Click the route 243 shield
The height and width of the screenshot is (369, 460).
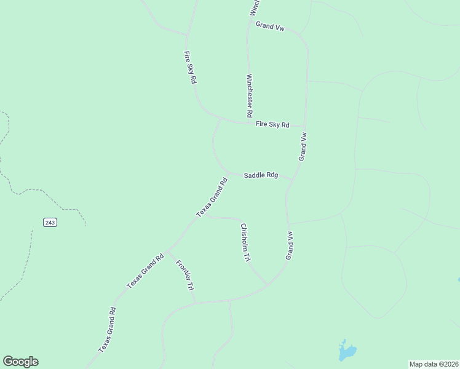(x=50, y=222)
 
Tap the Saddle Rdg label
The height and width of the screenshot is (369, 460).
(x=261, y=175)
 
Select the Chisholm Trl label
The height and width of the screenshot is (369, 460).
(x=245, y=242)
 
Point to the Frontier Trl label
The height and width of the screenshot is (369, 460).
(x=184, y=275)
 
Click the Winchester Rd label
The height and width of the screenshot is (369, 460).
(x=250, y=96)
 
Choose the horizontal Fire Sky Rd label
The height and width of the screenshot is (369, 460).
(x=272, y=124)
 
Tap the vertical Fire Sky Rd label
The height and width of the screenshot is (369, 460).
(x=190, y=68)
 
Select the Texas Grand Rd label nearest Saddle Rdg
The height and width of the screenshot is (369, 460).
(x=212, y=197)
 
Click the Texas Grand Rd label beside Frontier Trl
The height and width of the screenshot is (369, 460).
(x=145, y=271)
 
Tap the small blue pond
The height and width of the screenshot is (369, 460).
(x=346, y=351)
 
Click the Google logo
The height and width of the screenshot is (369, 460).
(x=20, y=362)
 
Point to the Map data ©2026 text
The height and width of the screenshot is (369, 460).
(x=434, y=363)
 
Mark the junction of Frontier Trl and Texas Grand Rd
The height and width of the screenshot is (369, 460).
(x=167, y=251)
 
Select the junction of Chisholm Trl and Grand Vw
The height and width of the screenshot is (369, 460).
(x=267, y=285)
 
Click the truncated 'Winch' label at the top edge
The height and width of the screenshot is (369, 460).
(x=255, y=7)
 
